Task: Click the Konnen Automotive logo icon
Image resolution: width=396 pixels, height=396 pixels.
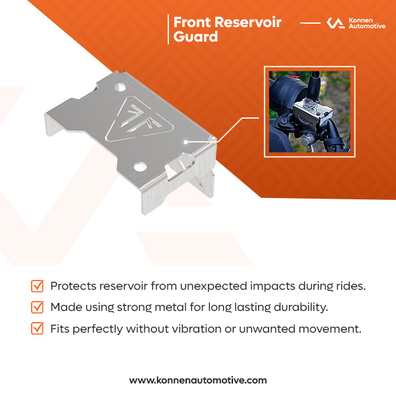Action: point(336,23)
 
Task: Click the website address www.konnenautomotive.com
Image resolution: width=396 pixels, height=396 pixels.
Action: point(198,380)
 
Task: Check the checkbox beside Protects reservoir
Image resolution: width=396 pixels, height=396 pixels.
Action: point(38,286)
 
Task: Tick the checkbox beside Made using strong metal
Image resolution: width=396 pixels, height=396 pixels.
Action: point(38,307)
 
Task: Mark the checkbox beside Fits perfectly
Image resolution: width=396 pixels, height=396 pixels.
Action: point(38,328)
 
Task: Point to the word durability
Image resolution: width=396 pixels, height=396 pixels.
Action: point(305,307)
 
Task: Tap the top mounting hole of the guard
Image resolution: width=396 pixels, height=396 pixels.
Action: point(119,86)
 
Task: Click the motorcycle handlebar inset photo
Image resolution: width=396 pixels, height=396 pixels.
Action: point(310,112)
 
